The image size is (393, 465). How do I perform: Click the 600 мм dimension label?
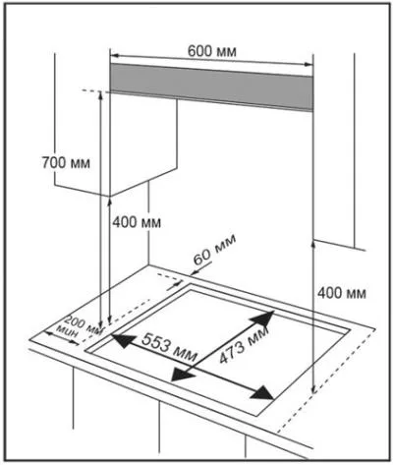212,51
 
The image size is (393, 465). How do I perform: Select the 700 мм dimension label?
66,162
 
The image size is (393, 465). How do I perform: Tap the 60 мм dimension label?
214,250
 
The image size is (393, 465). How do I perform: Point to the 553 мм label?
169,347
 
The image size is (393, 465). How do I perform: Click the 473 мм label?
244,345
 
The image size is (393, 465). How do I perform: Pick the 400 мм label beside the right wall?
342,293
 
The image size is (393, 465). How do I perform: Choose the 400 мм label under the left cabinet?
137,222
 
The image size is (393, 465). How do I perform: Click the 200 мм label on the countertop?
84,324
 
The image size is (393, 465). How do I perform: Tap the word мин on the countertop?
68,331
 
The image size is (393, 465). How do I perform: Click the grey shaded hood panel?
211,87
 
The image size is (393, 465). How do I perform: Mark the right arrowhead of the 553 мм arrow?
261,393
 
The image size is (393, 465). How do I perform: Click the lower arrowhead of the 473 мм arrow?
183,374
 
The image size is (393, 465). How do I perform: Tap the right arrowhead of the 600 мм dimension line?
309,64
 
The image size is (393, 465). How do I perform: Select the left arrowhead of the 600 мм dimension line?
115,55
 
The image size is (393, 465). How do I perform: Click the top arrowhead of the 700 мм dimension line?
100,95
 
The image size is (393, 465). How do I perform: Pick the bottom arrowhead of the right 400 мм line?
313,388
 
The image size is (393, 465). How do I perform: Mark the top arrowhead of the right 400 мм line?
313,244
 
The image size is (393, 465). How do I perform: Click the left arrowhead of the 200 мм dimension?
49,333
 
